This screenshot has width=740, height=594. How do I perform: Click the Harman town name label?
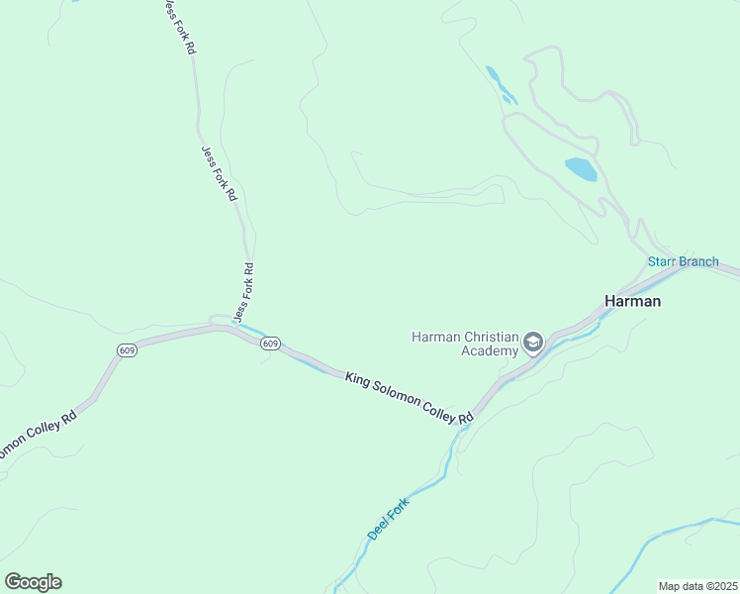click(632, 301)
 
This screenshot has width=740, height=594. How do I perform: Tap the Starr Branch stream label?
click(683, 261)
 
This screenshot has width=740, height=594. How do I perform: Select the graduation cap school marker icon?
click(533, 344)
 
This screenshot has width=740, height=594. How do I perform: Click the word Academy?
click(489, 350)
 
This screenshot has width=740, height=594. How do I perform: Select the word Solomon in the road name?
click(393, 394)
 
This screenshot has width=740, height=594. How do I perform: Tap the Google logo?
click(33, 582)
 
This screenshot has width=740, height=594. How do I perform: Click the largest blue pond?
click(581, 169)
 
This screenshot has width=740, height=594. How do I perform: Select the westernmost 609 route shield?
click(126, 350)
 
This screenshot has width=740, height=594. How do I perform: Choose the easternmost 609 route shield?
click(271, 344)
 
